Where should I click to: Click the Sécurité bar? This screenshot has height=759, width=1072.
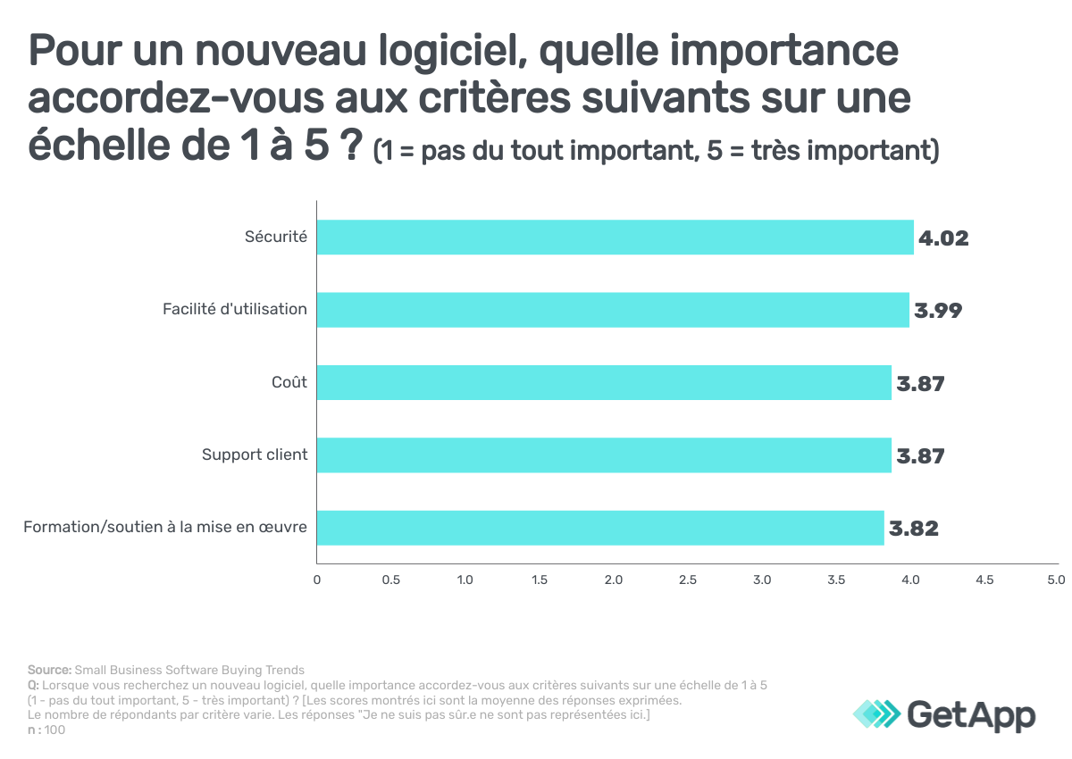tap(616, 238)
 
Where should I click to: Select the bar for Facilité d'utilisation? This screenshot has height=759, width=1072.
tap(613, 310)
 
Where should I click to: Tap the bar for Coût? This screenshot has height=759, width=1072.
tap(604, 382)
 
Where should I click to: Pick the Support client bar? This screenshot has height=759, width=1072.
tap(604, 455)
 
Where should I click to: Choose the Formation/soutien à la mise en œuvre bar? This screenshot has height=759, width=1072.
tap(600, 528)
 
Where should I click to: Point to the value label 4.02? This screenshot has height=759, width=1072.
tap(944, 238)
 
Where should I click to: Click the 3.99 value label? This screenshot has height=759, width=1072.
tap(938, 311)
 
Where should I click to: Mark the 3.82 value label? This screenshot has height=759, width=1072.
tap(913, 529)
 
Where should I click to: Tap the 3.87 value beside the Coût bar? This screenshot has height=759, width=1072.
tap(920, 383)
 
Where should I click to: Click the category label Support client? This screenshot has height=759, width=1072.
tap(255, 455)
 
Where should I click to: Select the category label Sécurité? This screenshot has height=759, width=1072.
tap(276, 238)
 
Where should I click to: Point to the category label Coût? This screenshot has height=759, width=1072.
tap(289, 382)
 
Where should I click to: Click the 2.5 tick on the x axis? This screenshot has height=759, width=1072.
tap(687, 580)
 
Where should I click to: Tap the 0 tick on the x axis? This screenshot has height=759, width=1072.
tap(317, 580)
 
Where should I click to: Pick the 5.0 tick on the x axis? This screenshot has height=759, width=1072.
tap(1056, 580)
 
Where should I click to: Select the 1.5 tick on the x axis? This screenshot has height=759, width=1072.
tap(539, 580)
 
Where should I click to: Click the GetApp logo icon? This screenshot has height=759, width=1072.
tap(877, 714)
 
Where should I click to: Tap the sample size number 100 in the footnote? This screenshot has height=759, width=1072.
tap(54, 730)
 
